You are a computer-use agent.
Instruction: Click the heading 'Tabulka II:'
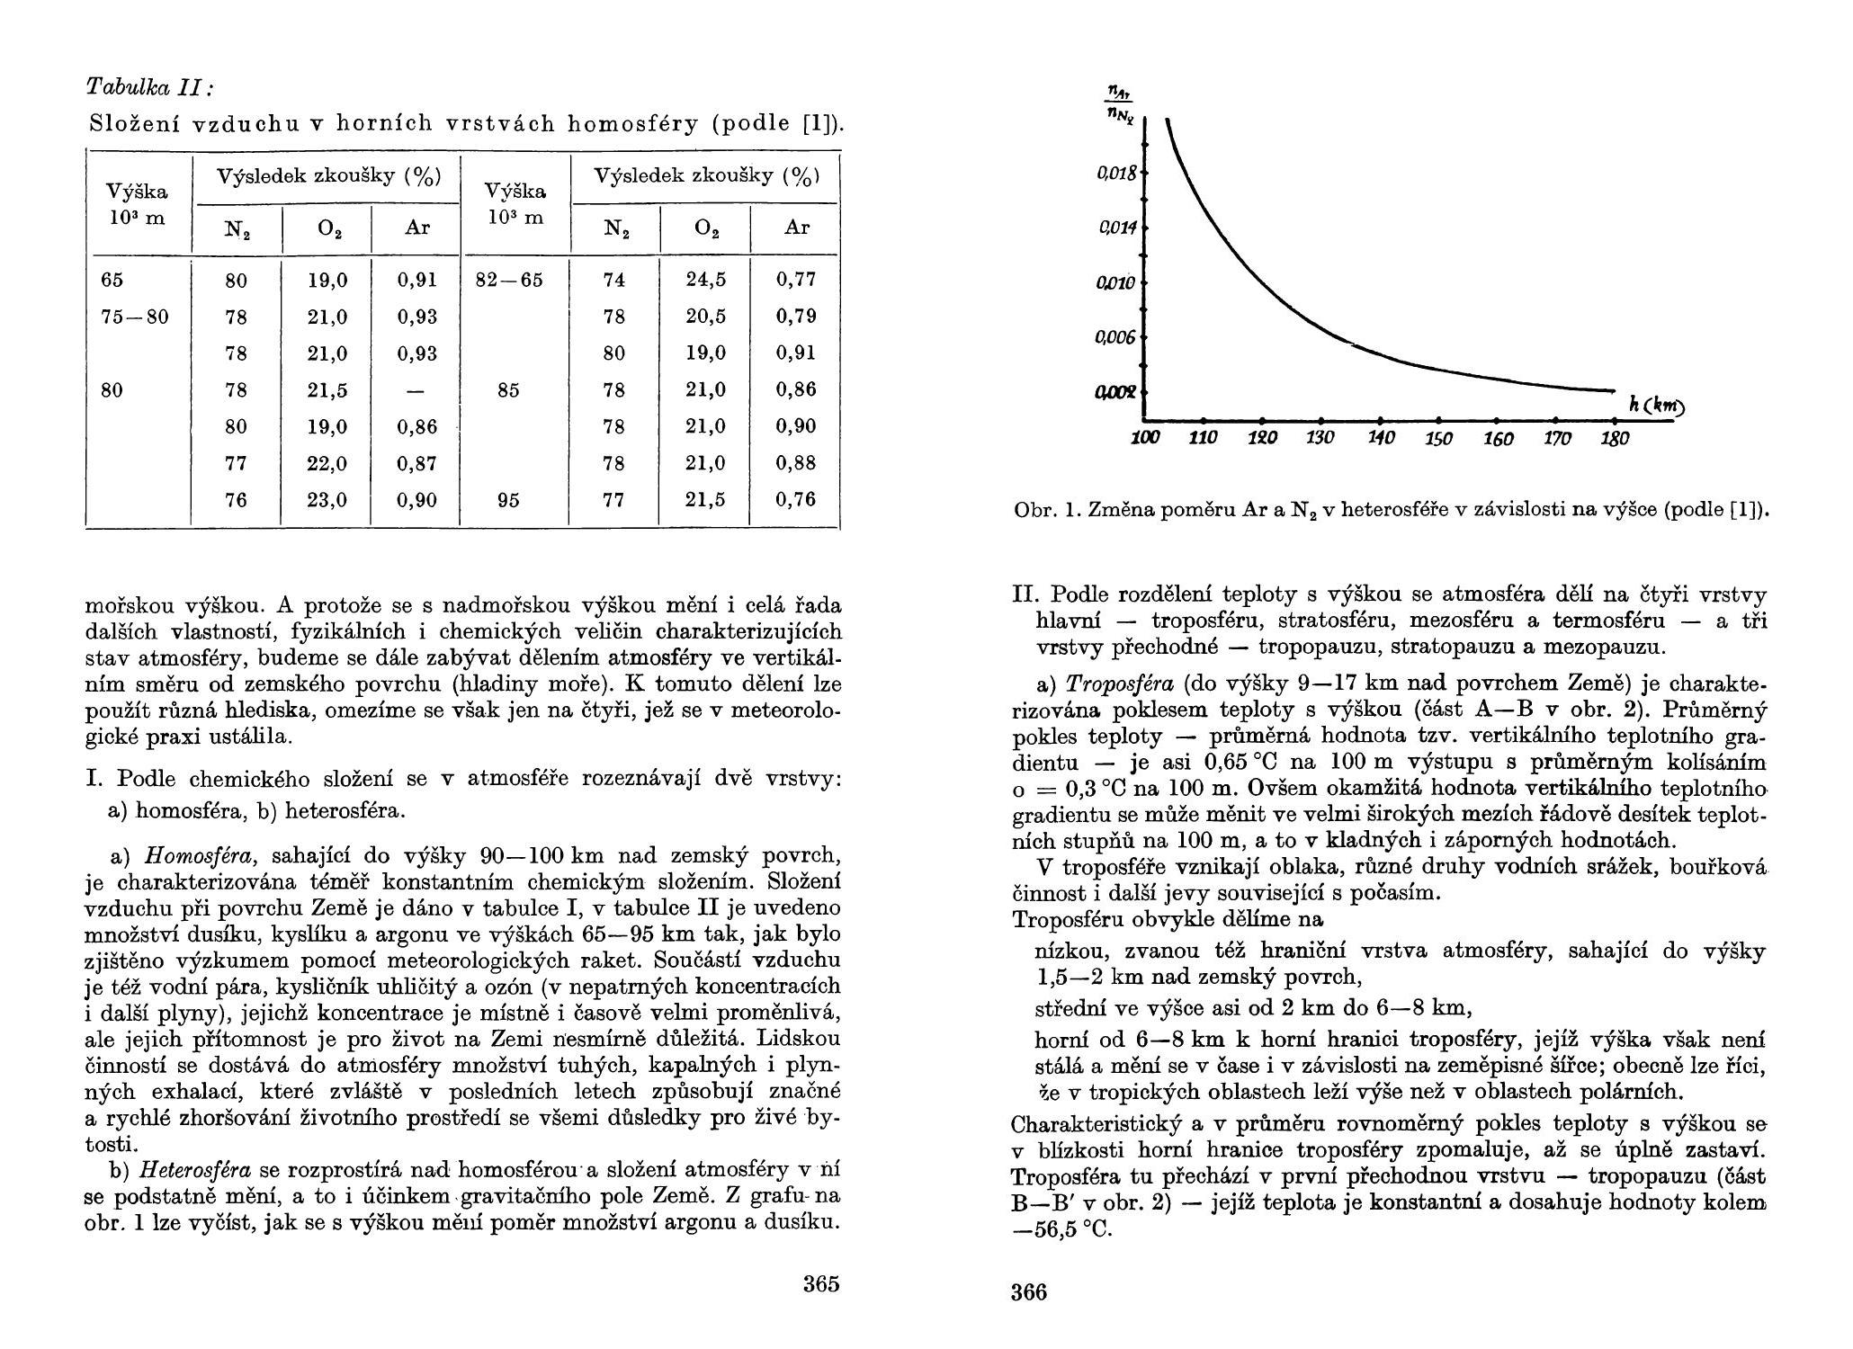pos(150,87)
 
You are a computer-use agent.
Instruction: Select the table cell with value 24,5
pos(705,280)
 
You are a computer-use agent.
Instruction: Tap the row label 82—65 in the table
pos(509,280)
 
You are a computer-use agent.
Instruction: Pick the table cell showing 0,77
pos(796,280)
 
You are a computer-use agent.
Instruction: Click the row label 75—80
pos(134,317)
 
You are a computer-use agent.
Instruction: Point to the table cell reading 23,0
pos(327,500)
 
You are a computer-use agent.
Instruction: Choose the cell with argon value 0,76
pos(796,500)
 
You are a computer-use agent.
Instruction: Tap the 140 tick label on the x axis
pos(1381,439)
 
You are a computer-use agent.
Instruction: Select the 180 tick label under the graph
pos(1616,439)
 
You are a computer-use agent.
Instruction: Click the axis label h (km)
pos(1656,406)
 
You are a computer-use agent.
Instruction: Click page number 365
pos(820,1283)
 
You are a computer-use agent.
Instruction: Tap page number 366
pos(1029,1292)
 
